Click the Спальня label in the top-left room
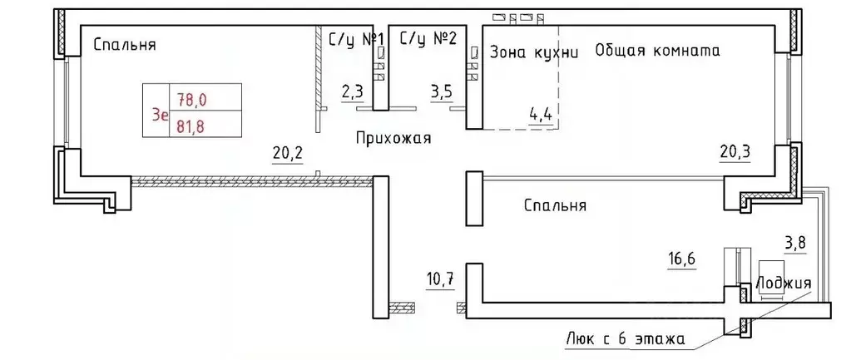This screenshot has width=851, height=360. coord(125,45)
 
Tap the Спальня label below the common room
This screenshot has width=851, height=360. coord(556,205)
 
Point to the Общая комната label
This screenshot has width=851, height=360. coord(657,50)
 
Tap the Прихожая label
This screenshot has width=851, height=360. coord(393,138)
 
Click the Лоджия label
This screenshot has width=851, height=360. coord(784,284)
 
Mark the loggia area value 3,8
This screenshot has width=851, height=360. coord(796,244)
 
